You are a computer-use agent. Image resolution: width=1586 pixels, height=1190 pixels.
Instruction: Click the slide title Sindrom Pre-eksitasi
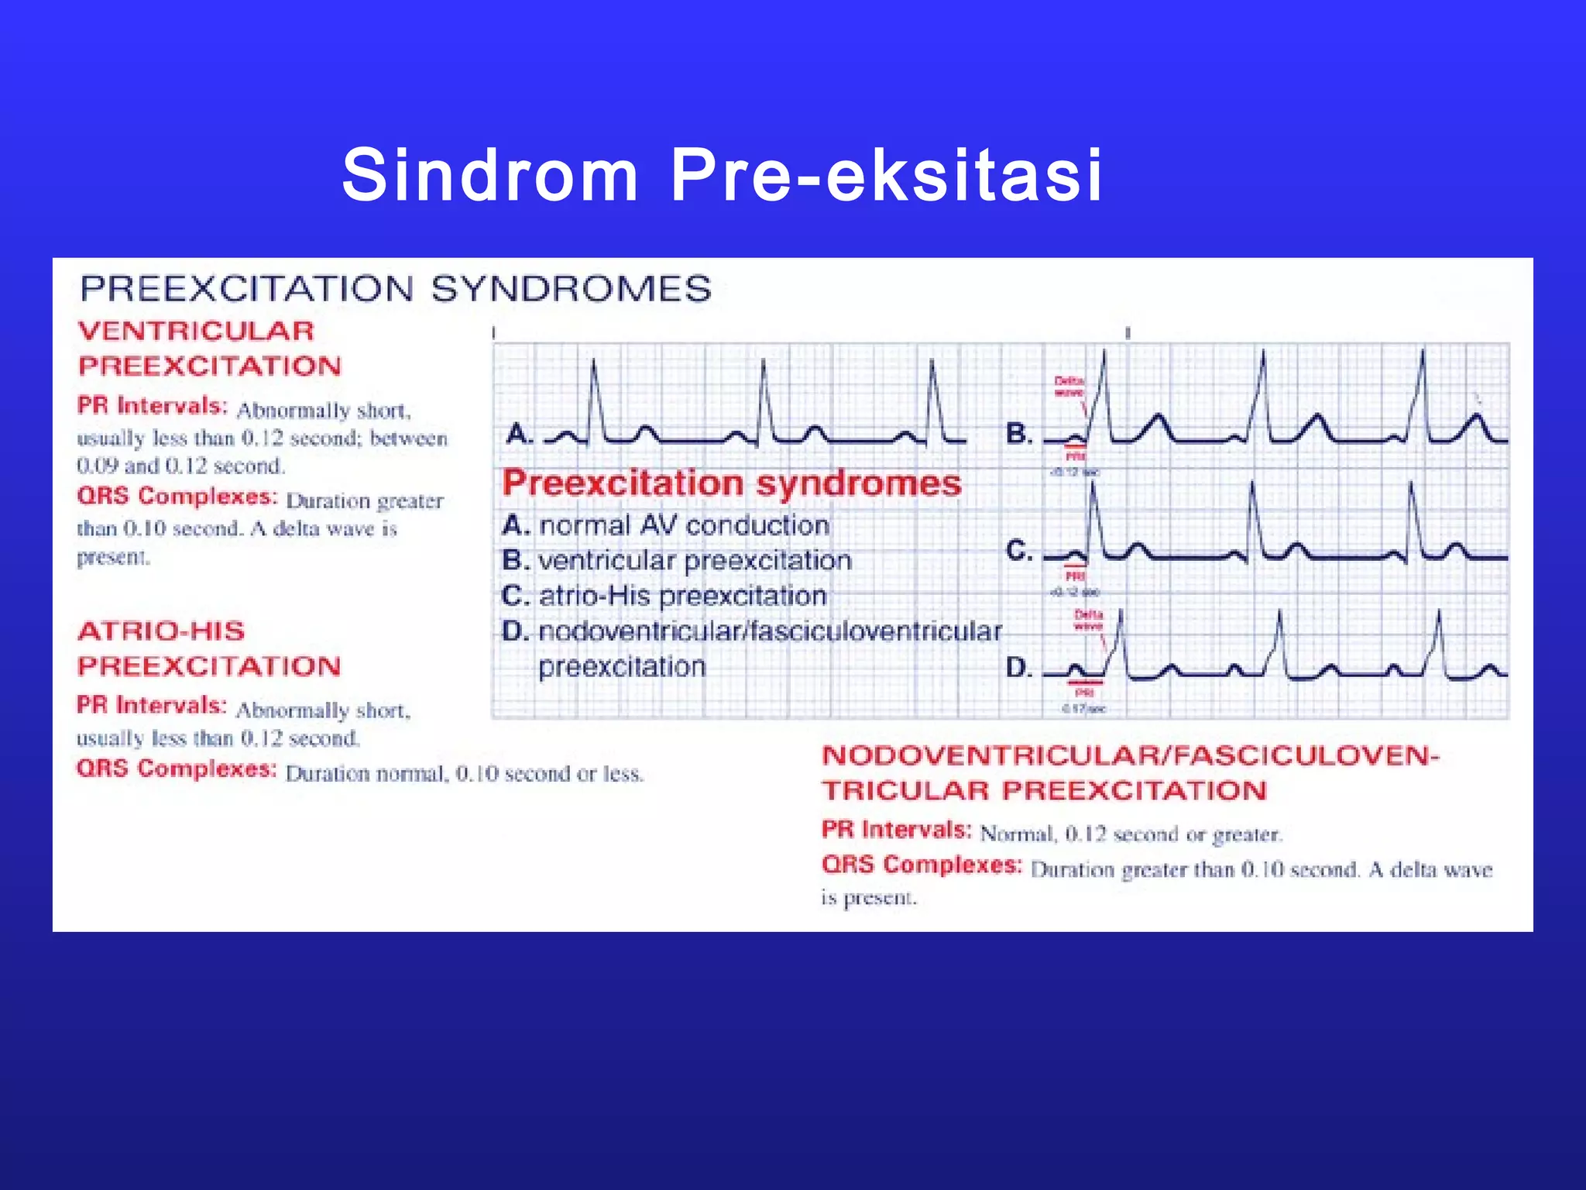click(x=722, y=177)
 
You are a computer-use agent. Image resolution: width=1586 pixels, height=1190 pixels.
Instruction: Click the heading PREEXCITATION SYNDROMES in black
click(x=396, y=289)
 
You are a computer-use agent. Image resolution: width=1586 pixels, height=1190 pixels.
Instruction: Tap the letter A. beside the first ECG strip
click(x=520, y=433)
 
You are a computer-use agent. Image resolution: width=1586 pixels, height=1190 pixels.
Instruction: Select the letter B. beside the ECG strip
click(x=1018, y=433)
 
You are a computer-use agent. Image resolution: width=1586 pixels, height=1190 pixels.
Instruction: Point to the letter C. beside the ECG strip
click(x=1018, y=551)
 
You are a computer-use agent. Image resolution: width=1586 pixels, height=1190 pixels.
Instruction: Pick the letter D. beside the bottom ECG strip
click(x=1018, y=668)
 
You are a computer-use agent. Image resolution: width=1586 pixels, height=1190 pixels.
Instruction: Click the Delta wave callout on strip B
click(x=1069, y=387)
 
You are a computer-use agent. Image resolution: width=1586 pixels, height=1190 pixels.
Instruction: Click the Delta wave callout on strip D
click(x=1088, y=620)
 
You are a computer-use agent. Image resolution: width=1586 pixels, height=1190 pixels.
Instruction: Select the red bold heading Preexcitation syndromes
click(x=732, y=483)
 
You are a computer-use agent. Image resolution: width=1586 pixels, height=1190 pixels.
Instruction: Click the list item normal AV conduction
click(x=684, y=525)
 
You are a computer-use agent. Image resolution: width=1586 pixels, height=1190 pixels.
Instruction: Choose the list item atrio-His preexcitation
click(x=682, y=596)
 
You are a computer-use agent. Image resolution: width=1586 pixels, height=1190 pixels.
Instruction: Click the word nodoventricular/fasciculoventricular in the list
click(x=770, y=631)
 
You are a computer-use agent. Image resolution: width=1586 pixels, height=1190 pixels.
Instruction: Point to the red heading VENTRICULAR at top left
click(x=197, y=332)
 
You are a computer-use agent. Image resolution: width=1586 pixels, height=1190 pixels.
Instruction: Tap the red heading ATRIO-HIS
click(x=161, y=631)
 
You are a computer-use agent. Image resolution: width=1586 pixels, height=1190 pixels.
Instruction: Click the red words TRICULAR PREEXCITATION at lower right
click(x=1044, y=791)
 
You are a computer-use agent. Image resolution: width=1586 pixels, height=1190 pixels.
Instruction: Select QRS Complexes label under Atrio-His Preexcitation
click(x=177, y=769)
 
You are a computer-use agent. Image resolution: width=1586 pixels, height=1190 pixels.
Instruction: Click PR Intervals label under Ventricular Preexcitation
click(x=153, y=406)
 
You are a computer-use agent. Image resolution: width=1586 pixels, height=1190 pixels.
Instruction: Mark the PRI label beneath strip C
click(x=1075, y=576)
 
